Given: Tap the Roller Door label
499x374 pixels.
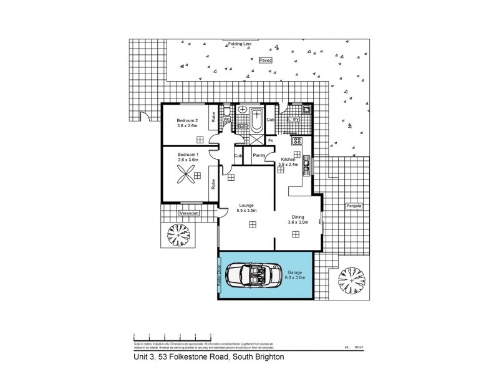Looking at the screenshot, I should (220, 275).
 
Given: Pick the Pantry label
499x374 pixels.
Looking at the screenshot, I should (259, 156).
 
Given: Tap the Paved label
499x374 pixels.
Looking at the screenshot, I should (266, 60).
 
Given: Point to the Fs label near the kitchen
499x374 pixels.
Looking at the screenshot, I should (270, 140).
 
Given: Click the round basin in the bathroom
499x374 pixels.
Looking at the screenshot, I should (243, 110).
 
